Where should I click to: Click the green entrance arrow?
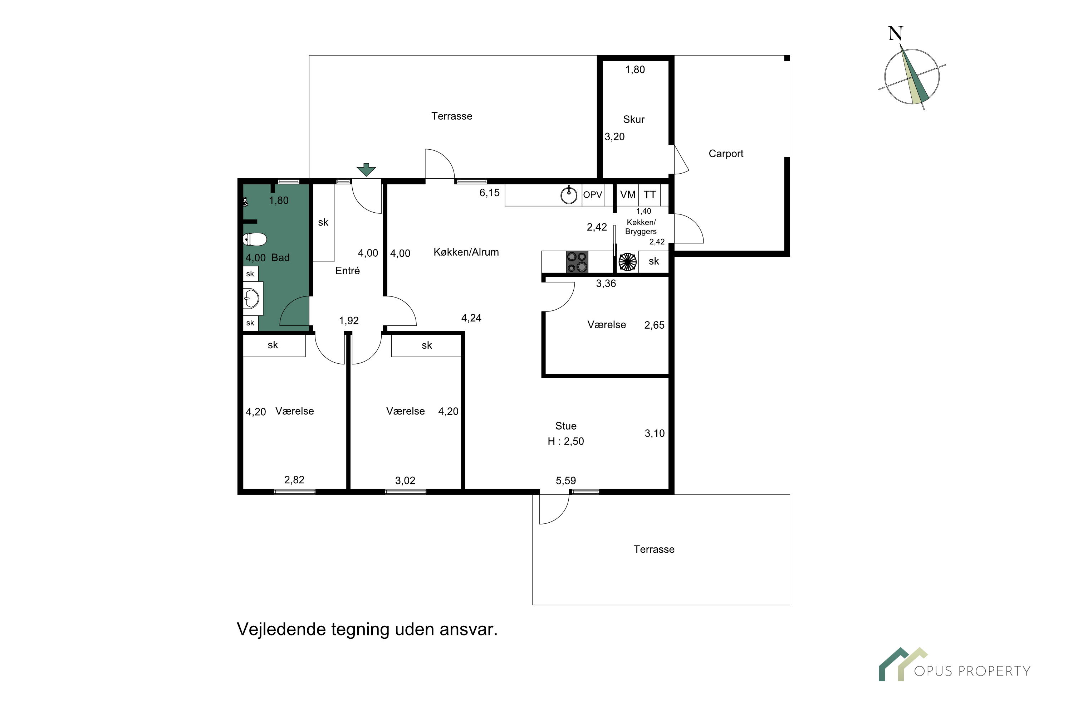click(366, 169)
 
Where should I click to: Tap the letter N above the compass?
click(896, 33)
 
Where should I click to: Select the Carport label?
click(726, 154)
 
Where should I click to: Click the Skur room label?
click(634, 119)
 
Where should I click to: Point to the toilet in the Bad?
click(255, 239)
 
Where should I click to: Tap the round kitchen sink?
click(569, 195)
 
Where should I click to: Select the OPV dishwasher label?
click(593, 194)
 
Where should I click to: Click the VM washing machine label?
click(628, 194)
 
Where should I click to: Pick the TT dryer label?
click(650, 194)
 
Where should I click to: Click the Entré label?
click(347, 270)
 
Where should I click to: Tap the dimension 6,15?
click(490, 193)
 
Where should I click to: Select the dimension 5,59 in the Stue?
click(566, 480)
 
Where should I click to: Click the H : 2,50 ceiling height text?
click(566, 441)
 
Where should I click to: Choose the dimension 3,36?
click(606, 284)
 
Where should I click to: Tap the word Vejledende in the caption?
click(281, 629)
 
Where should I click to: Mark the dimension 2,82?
click(294, 480)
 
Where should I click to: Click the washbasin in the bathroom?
click(251, 299)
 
